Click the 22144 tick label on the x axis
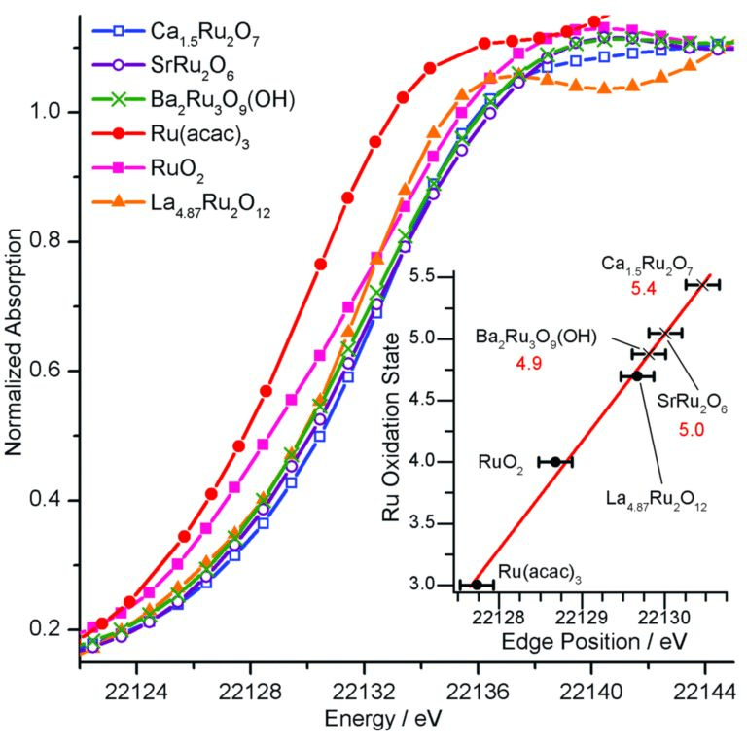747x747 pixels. [704, 686]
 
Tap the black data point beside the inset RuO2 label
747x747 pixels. [555, 462]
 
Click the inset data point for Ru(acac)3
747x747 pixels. [477, 585]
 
